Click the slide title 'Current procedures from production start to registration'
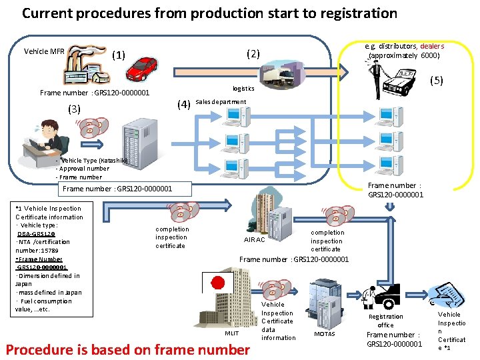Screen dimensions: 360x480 click(209, 13)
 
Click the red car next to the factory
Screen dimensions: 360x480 click(142, 65)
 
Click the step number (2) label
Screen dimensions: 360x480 click(253, 53)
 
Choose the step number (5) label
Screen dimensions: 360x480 click(436, 81)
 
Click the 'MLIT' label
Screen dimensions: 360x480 click(231, 333)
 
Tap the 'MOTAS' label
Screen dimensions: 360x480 click(324, 333)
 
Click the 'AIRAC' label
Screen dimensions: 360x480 click(254, 239)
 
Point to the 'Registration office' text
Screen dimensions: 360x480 click(385, 321)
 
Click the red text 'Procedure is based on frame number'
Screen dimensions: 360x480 click(127, 349)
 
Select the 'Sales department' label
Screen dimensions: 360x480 click(221, 102)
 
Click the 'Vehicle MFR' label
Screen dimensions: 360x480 click(44, 51)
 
